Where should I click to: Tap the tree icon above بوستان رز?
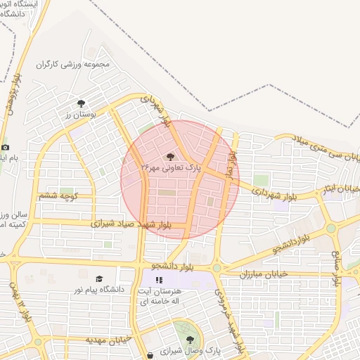pos(82,103)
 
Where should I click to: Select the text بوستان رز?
pos(75,114)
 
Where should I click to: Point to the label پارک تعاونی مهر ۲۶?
pos(171,169)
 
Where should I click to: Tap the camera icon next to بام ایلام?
pos(6,147)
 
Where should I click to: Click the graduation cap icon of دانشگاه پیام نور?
pos(98,279)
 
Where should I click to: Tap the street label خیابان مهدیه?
pos(110,339)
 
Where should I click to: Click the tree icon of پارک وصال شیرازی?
pos(190,339)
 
